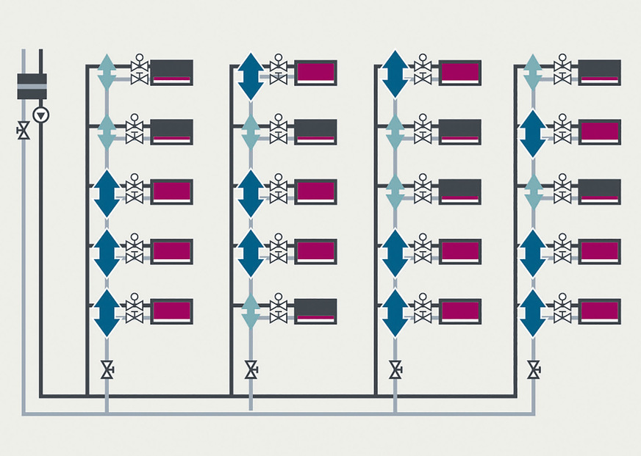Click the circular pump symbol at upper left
[42, 115]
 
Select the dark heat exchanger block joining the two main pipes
[32, 86]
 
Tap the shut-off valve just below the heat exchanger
[24, 132]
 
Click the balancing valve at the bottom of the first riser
[107, 369]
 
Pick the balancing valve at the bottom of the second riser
[251, 369]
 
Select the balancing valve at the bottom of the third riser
[395, 369]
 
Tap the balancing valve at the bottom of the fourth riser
[534, 369]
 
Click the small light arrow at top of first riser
[107, 72]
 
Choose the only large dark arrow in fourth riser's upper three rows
[532, 134]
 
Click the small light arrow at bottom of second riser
[251, 312]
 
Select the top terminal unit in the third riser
[460, 73]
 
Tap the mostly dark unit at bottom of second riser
[316, 311]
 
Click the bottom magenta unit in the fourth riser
[600, 311]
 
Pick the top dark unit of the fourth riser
[600, 73]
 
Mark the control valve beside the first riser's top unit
[139, 72]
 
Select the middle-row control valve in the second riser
[279, 192]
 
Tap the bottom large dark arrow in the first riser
[107, 313]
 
